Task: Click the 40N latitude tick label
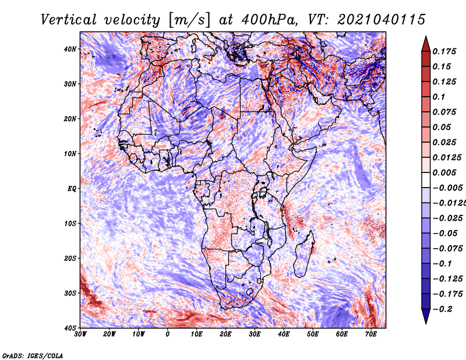pyautogui.click(x=70, y=49)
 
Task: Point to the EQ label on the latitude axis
pyautogui.click(x=72, y=189)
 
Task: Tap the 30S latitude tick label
pyautogui.click(x=70, y=294)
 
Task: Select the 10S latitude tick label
pyautogui.click(x=70, y=224)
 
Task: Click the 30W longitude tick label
pyautogui.click(x=80, y=334)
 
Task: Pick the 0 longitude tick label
pyautogui.click(x=168, y=334)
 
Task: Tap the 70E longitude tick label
pyautogui.click(x=370, y=334)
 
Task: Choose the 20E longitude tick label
pyautogui.click(x=225, y=334)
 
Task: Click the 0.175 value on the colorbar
pyautogui.click(x=444, y=51)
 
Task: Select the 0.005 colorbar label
pyautogui.click(x=444, y=172)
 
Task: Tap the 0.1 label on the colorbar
pyautogui.click(x=439, y=97)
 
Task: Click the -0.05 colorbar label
pyautogui.click(x=445, y=234)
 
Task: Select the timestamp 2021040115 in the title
pyautogui.click(x=381, y=20)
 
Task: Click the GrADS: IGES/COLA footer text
pyautogui.click(x=33, y=355)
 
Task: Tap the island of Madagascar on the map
pyautogui.click(x=303, y=256)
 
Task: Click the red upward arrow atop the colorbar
pyautogui.click(x=426, y=44)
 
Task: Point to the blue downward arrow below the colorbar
pyautogui.click(x=426, y=316)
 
